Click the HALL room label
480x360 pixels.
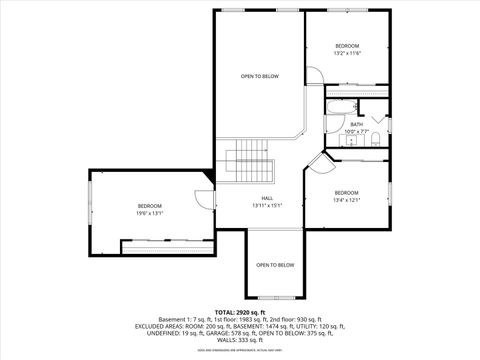coord(268,198)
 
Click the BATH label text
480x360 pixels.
coord(356,124)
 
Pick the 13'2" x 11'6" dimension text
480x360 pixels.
coord(346,53)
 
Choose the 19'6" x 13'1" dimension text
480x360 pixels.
coord(150,213)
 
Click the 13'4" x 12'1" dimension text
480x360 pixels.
coord(346,199)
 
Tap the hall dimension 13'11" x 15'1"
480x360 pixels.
coord(268,205)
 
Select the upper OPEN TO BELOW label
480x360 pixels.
coord(260,76)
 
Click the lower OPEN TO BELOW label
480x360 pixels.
coord(274,265)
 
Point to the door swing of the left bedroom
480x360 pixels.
coord(204,198)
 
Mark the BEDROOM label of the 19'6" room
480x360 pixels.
coord(150,206)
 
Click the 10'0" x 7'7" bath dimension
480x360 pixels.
coord(357,131)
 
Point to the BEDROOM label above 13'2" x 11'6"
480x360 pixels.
coord(346,46)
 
